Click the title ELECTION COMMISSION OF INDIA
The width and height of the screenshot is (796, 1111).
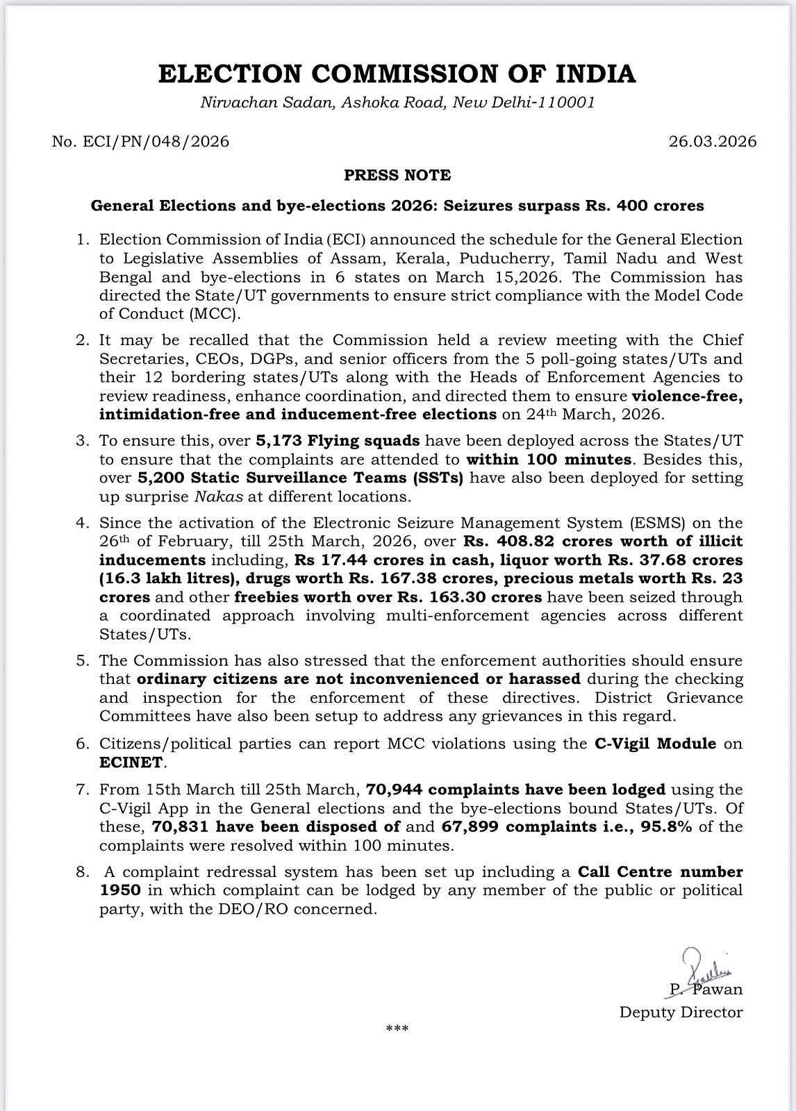pos(397,74)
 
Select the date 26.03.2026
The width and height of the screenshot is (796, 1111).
pos(713,142)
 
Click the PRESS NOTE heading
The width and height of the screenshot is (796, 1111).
pos(397,175)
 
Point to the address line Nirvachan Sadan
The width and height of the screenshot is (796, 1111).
pos(397,103)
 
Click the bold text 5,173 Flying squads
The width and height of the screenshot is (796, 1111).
pos(338,441)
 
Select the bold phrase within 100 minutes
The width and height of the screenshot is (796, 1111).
pos(549,459)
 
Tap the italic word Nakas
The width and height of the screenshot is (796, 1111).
pos(213,496)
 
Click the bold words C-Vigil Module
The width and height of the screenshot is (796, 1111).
pos(655,744)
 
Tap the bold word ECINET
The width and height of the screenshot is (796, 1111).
pos(131,762)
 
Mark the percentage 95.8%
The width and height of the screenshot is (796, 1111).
pos(667,827)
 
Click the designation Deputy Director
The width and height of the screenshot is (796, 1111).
pos(681,1012)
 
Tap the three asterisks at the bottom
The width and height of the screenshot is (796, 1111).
pos(397,1029)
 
